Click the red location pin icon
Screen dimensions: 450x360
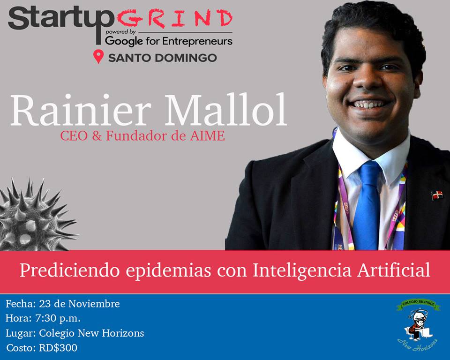pos(98,56)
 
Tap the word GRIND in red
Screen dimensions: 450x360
pos(174,19)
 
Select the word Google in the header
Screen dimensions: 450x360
pos(124,42)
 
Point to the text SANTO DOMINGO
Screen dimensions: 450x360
pos(163,58)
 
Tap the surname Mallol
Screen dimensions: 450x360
pos(226,110)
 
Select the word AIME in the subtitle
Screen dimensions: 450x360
pos(207,136)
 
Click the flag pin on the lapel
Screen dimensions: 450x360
pos(437,195)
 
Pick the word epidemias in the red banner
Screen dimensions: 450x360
pos(168,271)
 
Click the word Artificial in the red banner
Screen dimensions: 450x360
pos(394,270)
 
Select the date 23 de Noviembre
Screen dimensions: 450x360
pos(80,304)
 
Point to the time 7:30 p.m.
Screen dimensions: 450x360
pos(58,318)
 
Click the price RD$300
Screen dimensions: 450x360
pos(58,348)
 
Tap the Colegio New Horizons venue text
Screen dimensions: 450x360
pos(91,333)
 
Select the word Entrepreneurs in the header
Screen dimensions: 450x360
pos(197,42)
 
